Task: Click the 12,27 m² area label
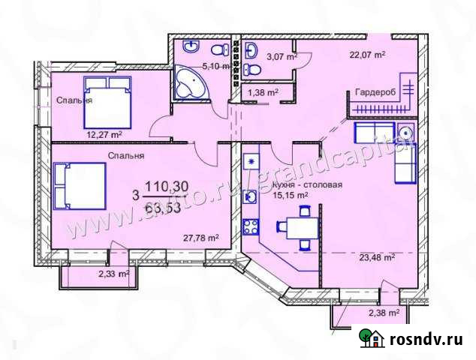coord(104,134)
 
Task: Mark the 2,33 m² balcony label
coord(113,274)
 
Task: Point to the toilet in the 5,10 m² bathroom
coord(220,50)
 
